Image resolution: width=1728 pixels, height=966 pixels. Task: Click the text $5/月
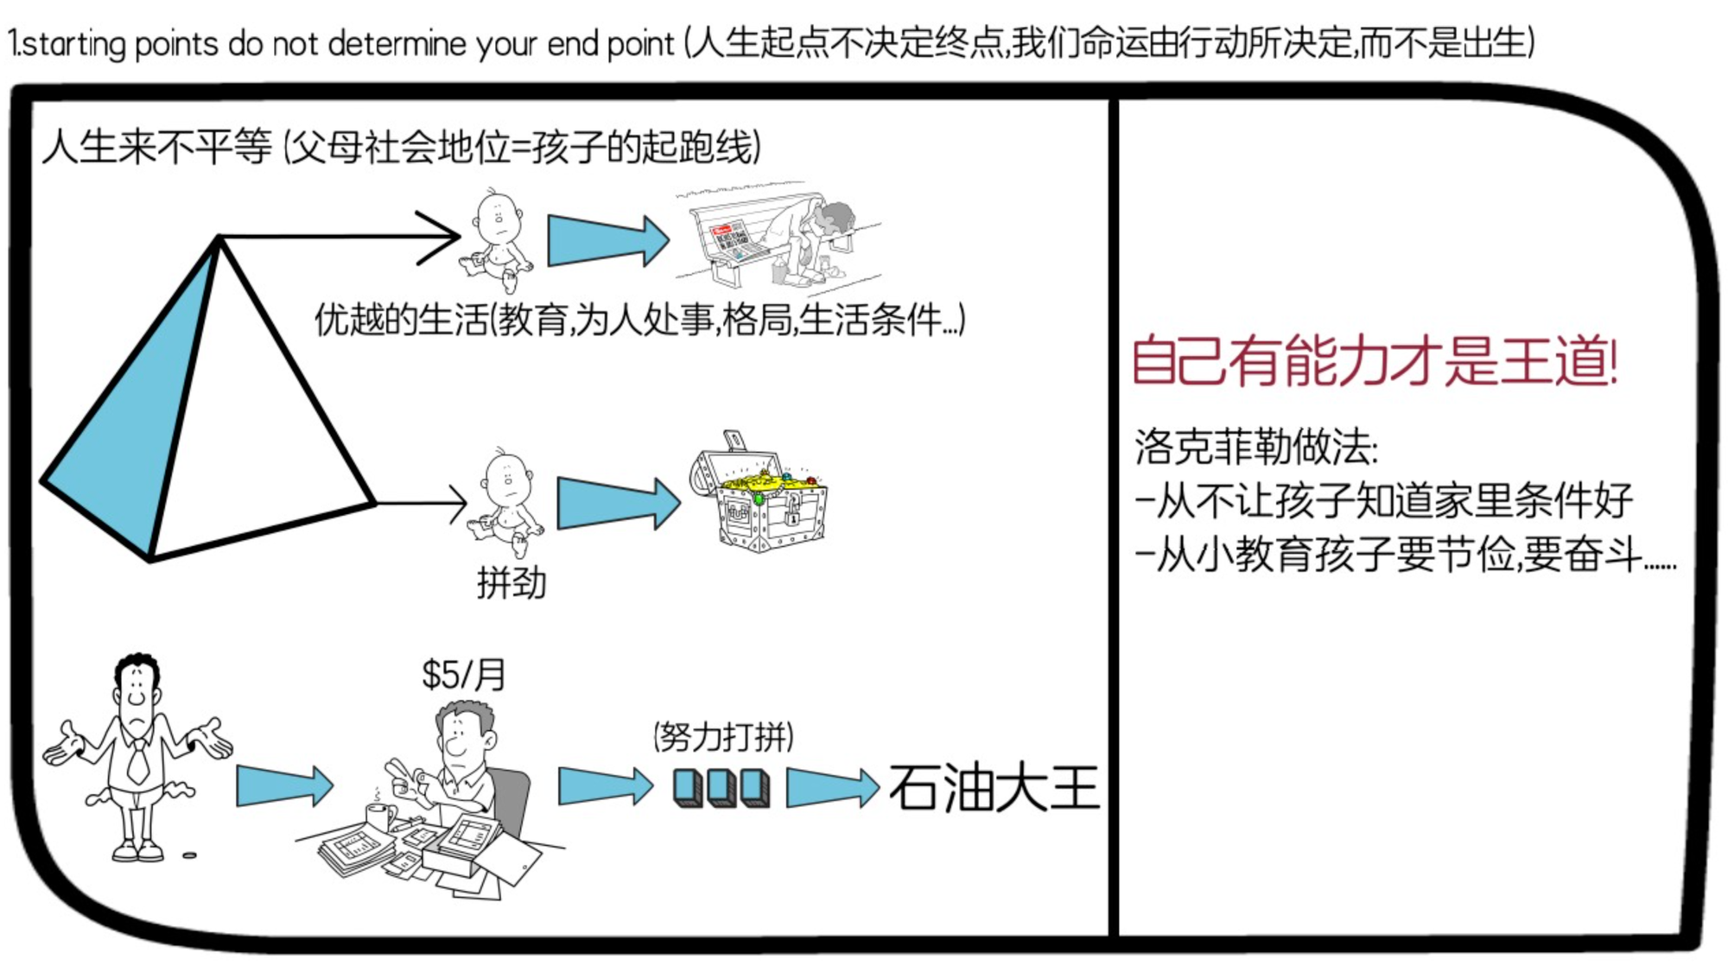(x=463, y=675)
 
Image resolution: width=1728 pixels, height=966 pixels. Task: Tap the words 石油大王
(x=994, y=787)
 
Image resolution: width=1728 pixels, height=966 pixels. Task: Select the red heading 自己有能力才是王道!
(x=1374, y=360)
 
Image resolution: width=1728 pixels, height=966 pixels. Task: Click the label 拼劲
(x=511, y=582)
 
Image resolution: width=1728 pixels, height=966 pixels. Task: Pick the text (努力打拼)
(x=723, y=737)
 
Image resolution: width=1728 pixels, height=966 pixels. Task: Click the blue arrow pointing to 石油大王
(x=831, y=787)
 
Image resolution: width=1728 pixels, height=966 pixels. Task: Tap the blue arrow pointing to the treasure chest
(x=619, y=503)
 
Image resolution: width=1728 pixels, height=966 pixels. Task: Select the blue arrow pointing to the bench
(x=608, y=240)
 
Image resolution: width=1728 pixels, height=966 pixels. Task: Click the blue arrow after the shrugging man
(x=284, y=786)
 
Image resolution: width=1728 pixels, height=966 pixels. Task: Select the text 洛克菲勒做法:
(x=1255, y=448)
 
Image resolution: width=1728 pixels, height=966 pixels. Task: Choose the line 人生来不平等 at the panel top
(x=156, y=146)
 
